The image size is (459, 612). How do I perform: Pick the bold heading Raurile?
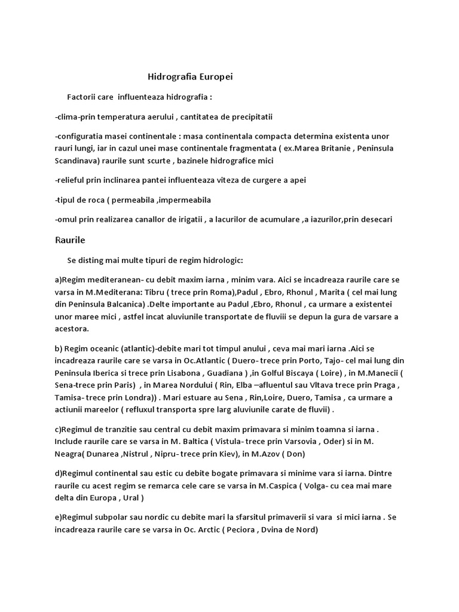pyautogui.click(x=70, y=240)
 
